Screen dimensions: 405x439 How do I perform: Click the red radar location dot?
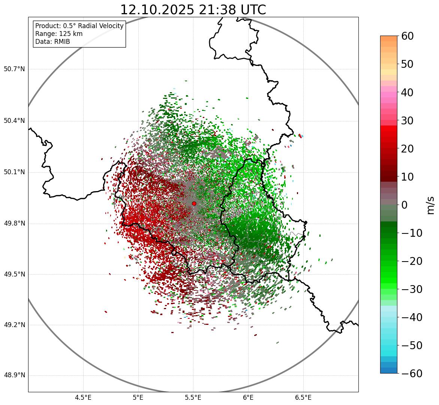coord(194,203)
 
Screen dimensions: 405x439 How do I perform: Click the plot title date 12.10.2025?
coord(157,10)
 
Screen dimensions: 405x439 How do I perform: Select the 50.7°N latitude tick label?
coord(14,69)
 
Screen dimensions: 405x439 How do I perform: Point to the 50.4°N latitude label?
coord(14,121)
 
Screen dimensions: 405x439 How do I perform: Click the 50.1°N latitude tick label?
coord(14,172)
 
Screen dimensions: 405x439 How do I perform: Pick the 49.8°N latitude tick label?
coord(14,224)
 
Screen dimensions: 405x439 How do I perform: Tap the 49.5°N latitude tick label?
coord(14,274)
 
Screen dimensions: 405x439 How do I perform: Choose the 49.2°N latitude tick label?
coord(14,325)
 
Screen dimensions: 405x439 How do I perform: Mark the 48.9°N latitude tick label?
coord(14,375)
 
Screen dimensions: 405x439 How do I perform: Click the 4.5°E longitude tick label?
coord(83,398)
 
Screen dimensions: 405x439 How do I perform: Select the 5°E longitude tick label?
coord(138,398)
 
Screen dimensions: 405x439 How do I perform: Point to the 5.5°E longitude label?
coord(193,398)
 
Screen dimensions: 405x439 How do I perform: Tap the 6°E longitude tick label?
coord(248,398)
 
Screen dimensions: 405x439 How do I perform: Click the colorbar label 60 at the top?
coord(408,36)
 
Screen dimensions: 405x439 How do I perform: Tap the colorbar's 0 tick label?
coord(404,205)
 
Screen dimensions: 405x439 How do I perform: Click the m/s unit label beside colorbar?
coord(430,205)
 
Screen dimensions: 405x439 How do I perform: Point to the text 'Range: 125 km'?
coord(59,34)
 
